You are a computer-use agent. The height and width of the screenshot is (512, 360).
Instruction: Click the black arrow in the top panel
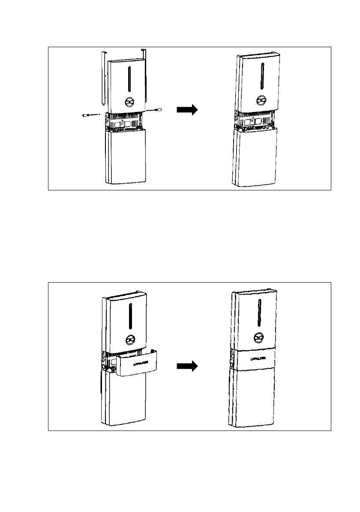pyautogui.click(x=187, y=110)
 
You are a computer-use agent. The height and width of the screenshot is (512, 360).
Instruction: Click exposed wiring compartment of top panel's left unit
pyautogui.click(x=123, y=122)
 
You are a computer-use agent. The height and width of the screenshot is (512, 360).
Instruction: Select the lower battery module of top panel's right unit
pyautogui.click(x=256, y=159)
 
